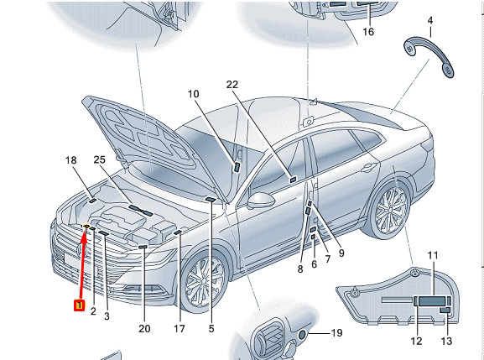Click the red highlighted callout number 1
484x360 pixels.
click(x=80, y=305)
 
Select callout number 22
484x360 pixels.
click(x=232, y=85)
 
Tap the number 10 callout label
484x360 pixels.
click(x=194, y=94)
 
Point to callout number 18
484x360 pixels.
click(x=71, y=160)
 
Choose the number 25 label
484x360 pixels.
click(x=99, y=159)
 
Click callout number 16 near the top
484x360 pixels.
click(x=368, y=32)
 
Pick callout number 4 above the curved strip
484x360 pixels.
click(x=430, y=21)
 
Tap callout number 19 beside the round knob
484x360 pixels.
click(x=336, y=333)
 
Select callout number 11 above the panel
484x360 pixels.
click(x=433, y=255)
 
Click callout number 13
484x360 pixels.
click(x=446, y=341)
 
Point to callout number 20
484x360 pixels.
click(x=144, y=329)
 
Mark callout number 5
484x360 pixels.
click(x=211, y=328)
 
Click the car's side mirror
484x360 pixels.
click(x=261, y=200)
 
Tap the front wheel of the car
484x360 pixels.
click(x=204, y=282)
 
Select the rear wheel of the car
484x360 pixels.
click(x=392, y=209)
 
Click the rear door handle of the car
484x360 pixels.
click(x=369, y=168)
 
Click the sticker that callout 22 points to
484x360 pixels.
click(x=293, y=180)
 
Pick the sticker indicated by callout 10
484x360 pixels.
click(x=237, y=167)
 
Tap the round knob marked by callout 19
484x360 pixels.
click(x=302, y=334)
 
